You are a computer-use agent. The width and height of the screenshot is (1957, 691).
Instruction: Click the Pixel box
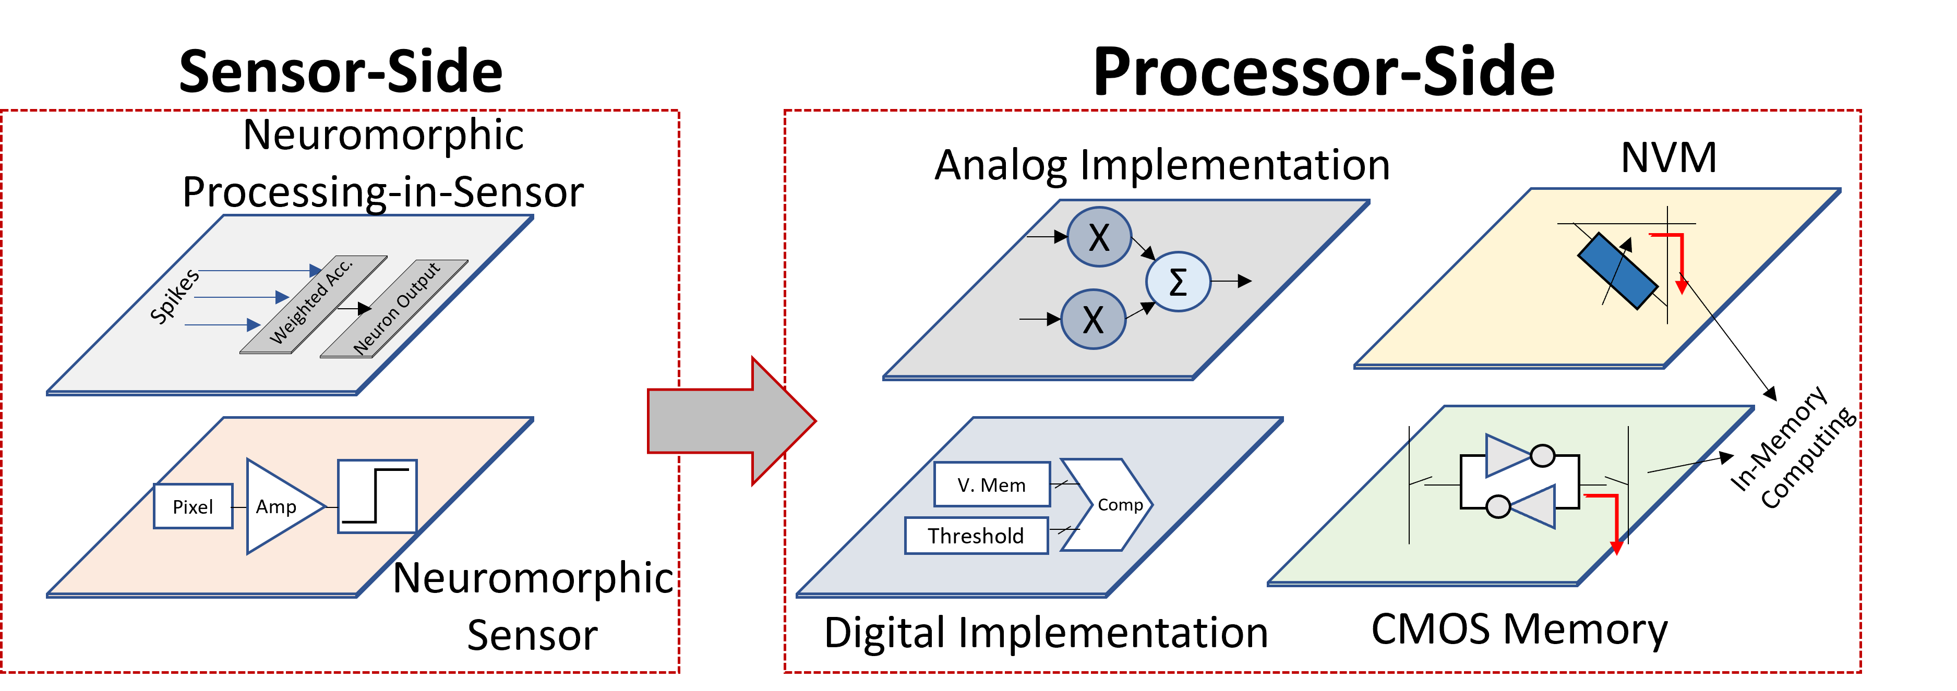click(x=193, y=506)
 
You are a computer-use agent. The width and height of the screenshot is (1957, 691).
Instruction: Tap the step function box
click(x=377, y=496)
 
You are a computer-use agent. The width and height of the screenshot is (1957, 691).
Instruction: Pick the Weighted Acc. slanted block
click(x=312, y=303)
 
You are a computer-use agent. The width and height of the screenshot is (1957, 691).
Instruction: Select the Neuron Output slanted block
click(x=395, y=308)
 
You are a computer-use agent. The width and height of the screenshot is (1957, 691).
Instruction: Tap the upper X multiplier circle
click(x=1099, y=237)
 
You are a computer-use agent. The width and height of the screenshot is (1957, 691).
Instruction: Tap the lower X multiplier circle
click(x=1092, y=319)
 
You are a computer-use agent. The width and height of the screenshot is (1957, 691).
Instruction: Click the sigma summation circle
click(x=1178, y=282)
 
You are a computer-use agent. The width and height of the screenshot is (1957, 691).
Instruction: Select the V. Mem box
click(x=991, y=484)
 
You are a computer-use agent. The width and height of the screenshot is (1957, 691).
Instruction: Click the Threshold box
click(x=976, y=536)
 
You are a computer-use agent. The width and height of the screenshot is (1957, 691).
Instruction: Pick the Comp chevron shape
click(x=1113, y=504)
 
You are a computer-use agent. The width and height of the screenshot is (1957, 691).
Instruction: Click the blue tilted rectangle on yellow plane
click(x=1617, y=270)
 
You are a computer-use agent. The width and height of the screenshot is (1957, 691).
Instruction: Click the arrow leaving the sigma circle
click(x=1231, y=282)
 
